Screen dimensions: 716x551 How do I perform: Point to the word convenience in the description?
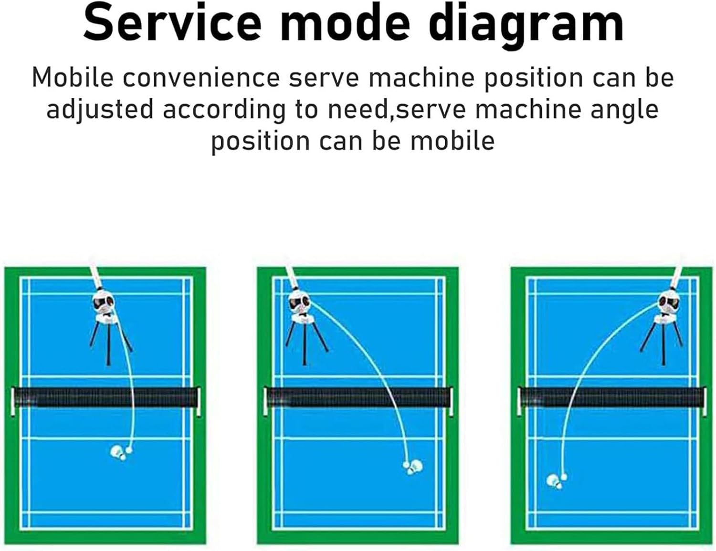click(201, 77)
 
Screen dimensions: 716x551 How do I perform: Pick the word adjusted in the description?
click(100, 109)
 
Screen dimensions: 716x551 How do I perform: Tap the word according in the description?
click(223, 109)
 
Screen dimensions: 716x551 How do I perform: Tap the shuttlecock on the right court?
click(554, 481)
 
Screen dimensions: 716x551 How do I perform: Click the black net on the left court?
click(105, 397)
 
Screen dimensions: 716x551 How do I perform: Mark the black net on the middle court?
click(358, 397)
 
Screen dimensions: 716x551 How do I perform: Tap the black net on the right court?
click(611, 397)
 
